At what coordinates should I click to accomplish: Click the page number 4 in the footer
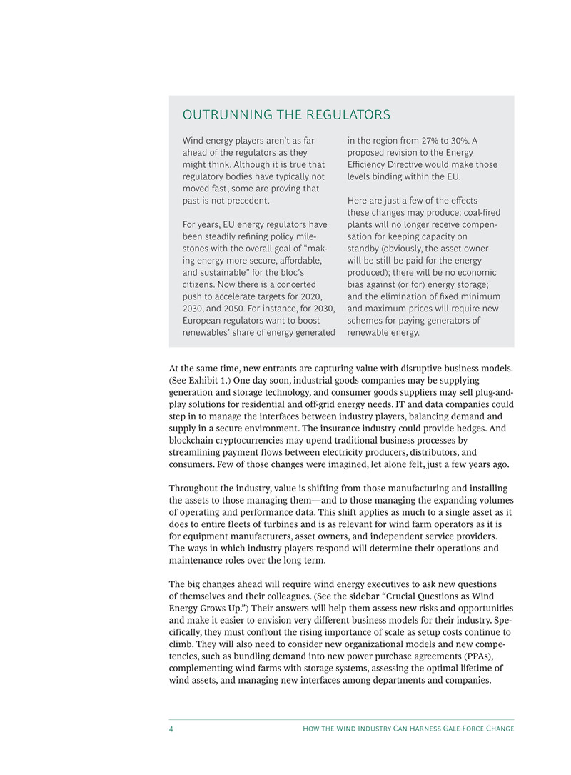[x=172, y=729]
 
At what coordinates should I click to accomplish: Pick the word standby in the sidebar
[x=366, y=249]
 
